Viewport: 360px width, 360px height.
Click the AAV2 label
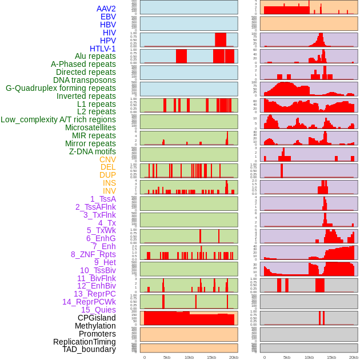[106, 9]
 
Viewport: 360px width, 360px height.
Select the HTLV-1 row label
[102, 49]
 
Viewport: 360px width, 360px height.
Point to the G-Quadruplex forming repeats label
[61, 88]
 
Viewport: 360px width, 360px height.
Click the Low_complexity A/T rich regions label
[58, 119]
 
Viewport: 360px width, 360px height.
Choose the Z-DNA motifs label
[93, 151]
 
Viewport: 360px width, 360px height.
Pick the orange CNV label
[107, 159]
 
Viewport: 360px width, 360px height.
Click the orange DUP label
[107, 175]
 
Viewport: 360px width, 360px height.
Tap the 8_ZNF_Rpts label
[93, 254]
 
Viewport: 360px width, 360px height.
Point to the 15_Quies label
[98, 310]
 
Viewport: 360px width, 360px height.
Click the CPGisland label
[97, 318]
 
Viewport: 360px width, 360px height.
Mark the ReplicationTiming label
[84, 342]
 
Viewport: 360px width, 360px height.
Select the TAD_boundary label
[89, 349]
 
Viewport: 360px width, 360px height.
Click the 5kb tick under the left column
[167, 357]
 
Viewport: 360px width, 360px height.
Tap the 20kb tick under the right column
[354, 357]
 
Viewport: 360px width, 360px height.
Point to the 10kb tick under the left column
[189, 357]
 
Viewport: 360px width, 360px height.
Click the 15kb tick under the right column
[331, 357]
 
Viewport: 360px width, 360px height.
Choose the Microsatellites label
[90, 127]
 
